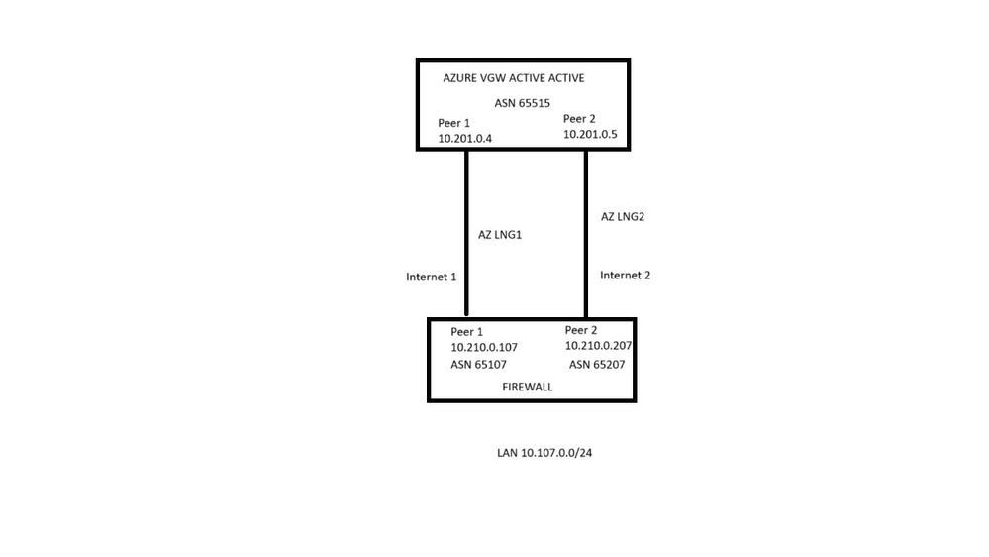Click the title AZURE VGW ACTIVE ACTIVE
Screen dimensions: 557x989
tap(506, 78)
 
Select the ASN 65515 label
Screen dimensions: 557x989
tap(522, 103)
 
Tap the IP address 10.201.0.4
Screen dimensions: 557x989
tap(464, 140)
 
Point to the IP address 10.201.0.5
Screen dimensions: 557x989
tap(591, 134)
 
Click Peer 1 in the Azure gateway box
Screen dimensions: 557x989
tap(452, 123)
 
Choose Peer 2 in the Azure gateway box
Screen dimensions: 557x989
tap(579, 118)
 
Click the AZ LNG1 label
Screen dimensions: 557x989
tap(501, 234)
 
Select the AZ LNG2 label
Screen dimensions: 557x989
tap(623, 216)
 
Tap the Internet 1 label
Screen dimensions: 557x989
tap(431, 278)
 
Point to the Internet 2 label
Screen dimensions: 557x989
tap(625, 276)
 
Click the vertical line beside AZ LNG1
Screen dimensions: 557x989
tap(466, 233)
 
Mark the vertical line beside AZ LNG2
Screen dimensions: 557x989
tap(586, 233)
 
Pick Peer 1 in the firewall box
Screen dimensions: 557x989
tap(466, 332)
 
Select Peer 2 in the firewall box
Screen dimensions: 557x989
tap(581, 330)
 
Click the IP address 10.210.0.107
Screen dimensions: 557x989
tap(484, 348)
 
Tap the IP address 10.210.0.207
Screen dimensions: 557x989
tap(598, 346)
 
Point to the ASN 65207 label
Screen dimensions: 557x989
tap(596, 365)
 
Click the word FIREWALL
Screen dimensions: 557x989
tap(528, 388)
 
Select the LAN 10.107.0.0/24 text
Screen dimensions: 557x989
tap(550, 453)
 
